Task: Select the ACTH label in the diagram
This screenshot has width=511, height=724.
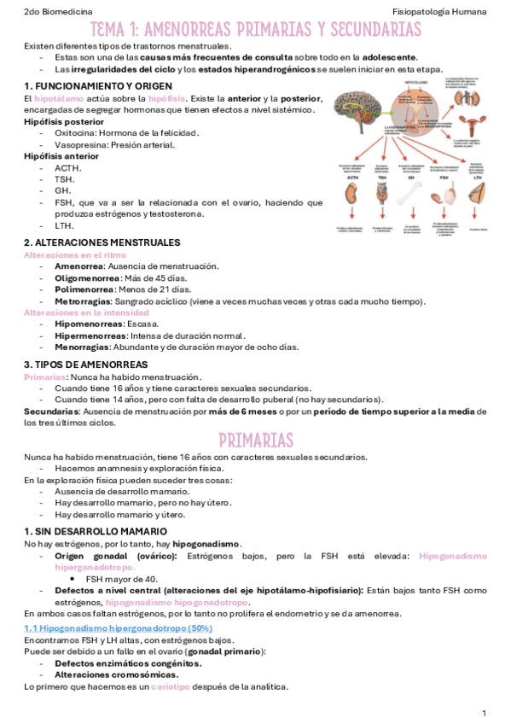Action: [x=347, y=178]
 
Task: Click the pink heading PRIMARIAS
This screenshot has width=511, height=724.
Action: [x=255, y=440]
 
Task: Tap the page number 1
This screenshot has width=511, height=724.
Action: [x=484, y=712]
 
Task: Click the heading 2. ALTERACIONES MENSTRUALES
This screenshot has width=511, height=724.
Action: [x=102, y=242]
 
